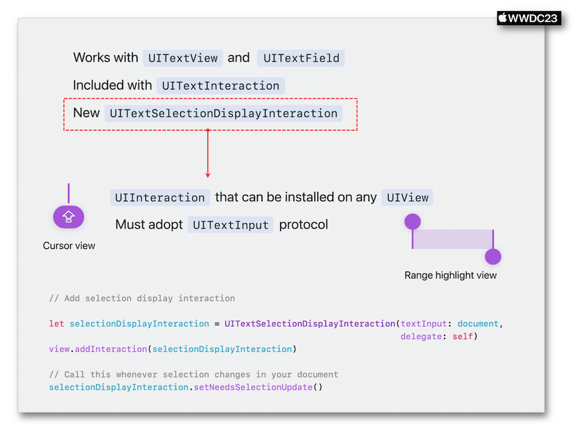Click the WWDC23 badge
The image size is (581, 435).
pos(529,18)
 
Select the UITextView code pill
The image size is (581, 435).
pos(183,58)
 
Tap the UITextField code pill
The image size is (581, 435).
pos(301,58)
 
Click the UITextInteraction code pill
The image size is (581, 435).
pos(220,85)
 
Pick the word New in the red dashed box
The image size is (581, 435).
pos(87,113)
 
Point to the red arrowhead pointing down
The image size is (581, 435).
pos(208,174)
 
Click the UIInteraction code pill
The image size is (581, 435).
pos(160,198)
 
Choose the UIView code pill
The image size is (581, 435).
pos(407,198)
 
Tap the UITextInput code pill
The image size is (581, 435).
pos(231,224)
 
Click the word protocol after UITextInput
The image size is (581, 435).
pos(303,224)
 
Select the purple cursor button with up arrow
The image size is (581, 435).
pos(69,217)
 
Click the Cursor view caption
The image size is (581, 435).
pos(69,245)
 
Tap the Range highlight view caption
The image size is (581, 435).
pos(451,275)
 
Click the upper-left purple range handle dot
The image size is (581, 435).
pos(413,222)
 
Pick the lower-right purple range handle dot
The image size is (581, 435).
pos(493,256)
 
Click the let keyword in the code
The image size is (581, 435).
pos(56,324)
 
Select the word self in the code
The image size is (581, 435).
pos(462,336)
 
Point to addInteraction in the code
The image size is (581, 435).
pos(111,349)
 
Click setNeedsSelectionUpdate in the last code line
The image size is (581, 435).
pos(253,387)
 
